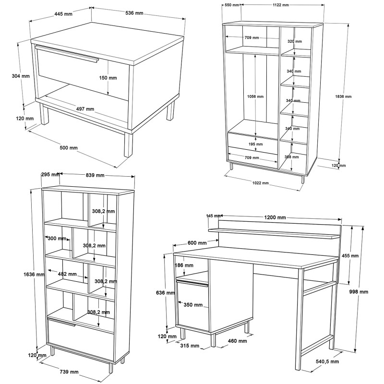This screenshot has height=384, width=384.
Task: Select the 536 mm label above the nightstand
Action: pos(134,13)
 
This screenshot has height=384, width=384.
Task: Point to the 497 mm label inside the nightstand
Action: pos(85,108)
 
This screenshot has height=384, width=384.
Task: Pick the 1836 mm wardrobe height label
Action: pos(343,96)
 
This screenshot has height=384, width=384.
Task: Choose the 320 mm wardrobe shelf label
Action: pos(294,42)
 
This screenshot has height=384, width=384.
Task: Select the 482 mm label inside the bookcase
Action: pos(67,274)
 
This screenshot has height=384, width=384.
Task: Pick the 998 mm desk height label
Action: pos(359,292)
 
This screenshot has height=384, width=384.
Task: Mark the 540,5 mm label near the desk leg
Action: pos(327,361)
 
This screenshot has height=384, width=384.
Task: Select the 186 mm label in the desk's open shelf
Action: pos(184,265)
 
